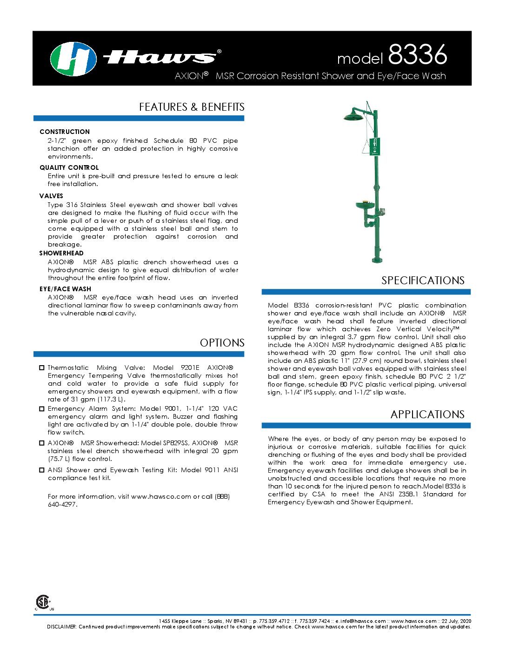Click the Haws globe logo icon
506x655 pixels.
[73, 59]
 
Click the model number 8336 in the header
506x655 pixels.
[417, 55]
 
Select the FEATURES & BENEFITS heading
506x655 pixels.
[192, 107]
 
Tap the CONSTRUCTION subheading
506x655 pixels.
[65, 132]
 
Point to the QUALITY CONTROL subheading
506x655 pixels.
[69, 167]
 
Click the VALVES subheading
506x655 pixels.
[51, 196]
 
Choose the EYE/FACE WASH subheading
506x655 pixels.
[65, 289]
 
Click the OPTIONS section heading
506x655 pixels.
[222, 343]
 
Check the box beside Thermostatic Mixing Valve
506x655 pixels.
[42, 368]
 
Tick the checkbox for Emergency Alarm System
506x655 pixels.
[42, 409]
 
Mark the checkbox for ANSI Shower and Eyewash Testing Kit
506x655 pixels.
[42, 470]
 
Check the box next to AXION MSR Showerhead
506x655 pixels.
[42, 443]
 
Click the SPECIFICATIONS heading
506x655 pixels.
[423, 281]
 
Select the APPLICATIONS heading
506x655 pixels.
[427, 414]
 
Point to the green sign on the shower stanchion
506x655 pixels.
[375, 147]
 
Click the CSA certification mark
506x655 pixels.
[43, 602]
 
